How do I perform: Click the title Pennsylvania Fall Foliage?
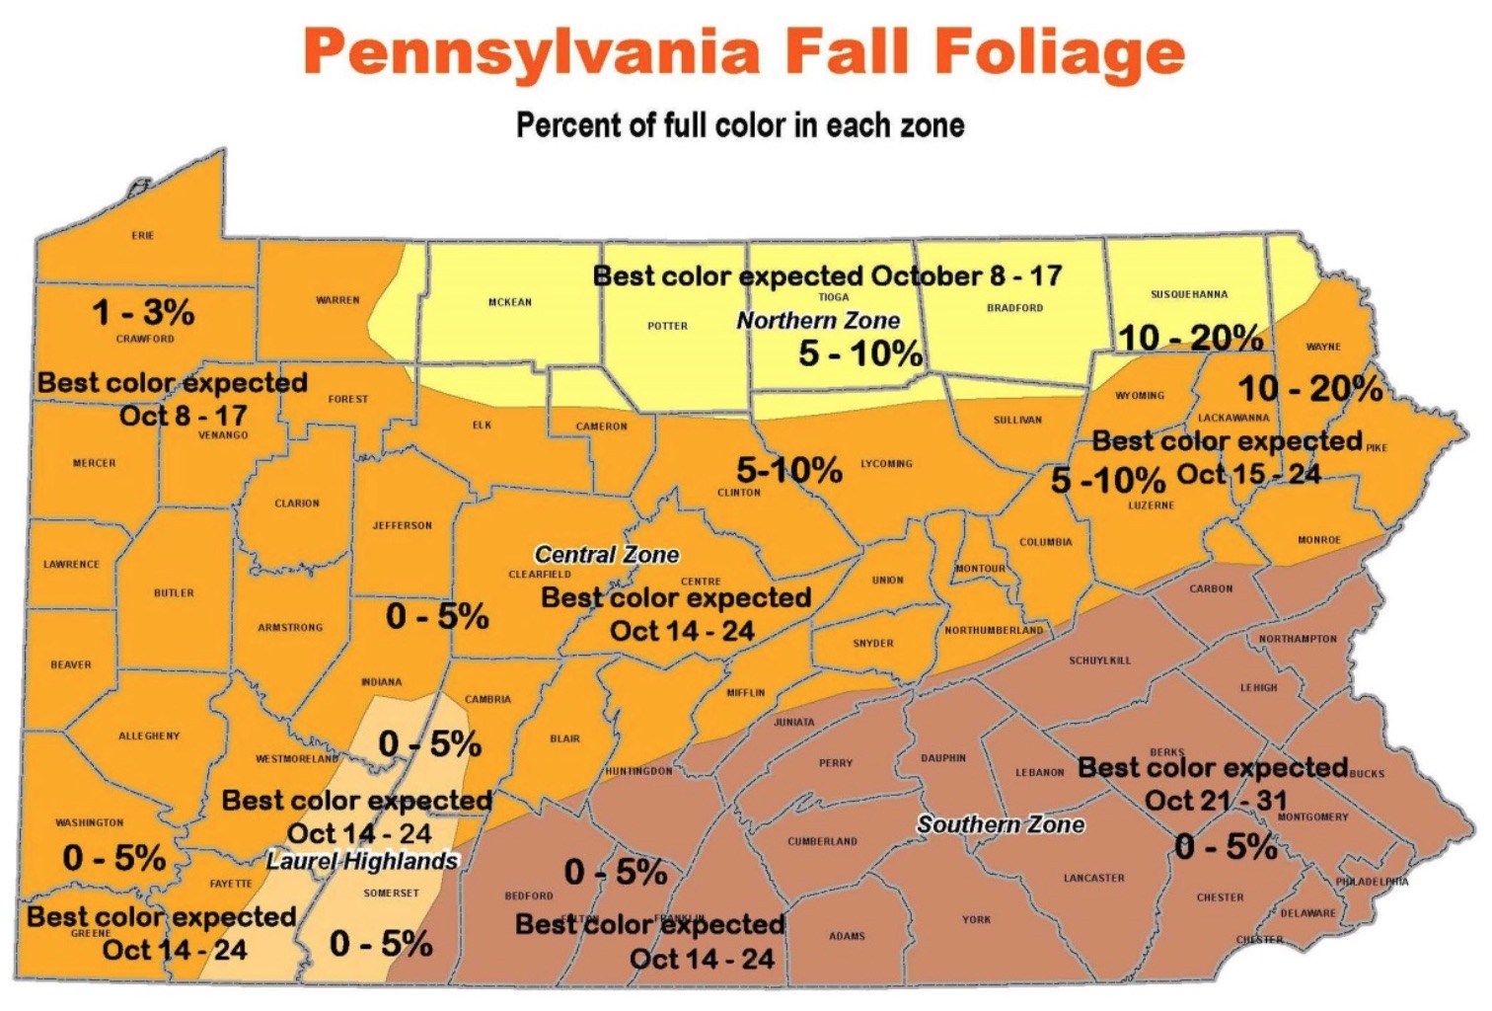pos(743,51)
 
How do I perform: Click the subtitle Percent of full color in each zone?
pos(740,125)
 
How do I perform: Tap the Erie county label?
pos(143,235)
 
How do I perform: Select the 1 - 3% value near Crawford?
pos(143,312)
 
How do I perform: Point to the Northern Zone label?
pos(818,321)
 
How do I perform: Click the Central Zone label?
pos(606,555)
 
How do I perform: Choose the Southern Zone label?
pos(1001,824)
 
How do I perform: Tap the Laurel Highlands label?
pos(362,861)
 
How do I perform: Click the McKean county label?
pos(510,302)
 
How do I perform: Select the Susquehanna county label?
pos(1189,294)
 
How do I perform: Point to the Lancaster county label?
pos(1093,878)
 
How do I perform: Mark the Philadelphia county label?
pos(1372,882)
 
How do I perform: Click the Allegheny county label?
pos(149,736)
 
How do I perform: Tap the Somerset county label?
pos(391,894)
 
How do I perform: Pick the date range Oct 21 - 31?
pos(1216,801)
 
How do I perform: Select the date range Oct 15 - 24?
pos(1248,474)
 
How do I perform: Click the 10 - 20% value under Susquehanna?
pos(1190,338)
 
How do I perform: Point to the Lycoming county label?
pos(886,463)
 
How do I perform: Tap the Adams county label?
pos(847,936)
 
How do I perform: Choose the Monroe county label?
pos(1318,540)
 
